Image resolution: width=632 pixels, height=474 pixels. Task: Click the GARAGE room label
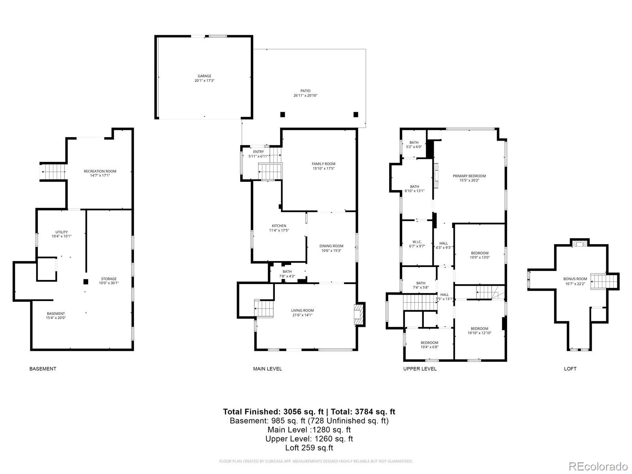[x=204, y=76]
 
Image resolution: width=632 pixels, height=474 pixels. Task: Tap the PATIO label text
[x=305, y=91]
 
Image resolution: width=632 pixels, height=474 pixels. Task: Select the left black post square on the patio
[x=282, y=115]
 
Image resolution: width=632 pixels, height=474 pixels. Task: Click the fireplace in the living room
[x=359, y=314]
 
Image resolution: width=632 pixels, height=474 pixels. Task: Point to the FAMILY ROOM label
[x=323, y=164]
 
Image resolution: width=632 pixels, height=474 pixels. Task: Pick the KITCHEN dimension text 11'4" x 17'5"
[x=279, y=230]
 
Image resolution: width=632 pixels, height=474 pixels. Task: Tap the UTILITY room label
[x=61, y=232]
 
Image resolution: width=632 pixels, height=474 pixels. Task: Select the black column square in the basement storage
[x=86, y=282]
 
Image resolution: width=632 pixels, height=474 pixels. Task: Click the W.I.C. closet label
[x=417, y=242]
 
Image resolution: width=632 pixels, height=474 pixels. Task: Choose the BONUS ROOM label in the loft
[x=575, y=278]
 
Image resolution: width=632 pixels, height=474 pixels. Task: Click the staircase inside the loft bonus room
[x=603, y=282]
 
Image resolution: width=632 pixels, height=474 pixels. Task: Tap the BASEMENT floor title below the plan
[x=43, y=369]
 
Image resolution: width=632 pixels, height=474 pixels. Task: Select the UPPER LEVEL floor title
[x=419, y=369]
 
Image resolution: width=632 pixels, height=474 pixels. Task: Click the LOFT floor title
[x=570, y=369]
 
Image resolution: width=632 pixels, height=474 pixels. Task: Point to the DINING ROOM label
[x=331, y=246]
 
